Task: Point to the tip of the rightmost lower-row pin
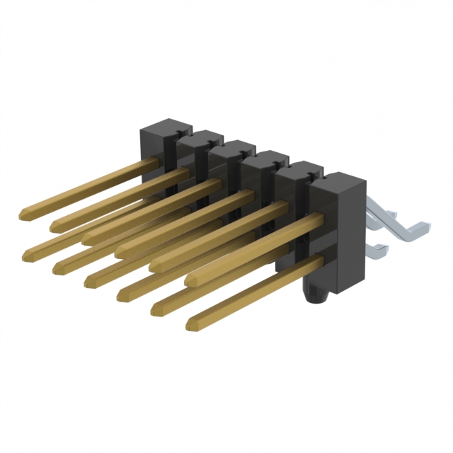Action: pyautogui.click(x=190, y=325)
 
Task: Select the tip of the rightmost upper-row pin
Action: pyautogui.click(x=188, y=281)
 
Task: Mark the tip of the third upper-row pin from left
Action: pyautogui.click(x=85, y=239)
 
